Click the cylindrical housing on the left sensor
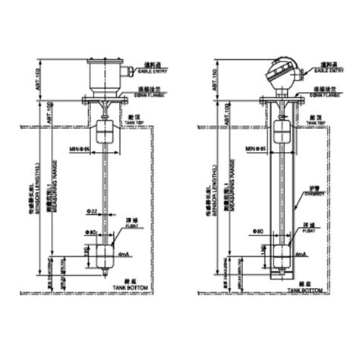pos(105,74)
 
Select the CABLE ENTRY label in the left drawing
pos(157,70)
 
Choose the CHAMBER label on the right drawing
pos(314,193)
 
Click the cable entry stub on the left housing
pos(130,74)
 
